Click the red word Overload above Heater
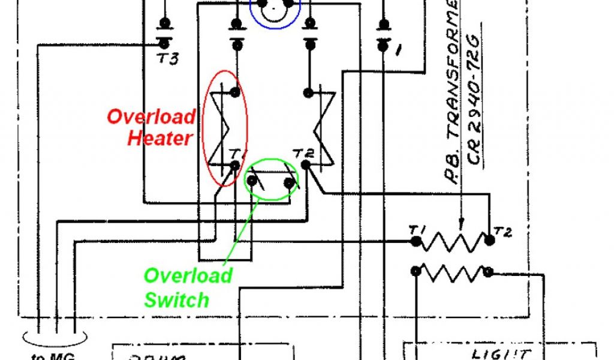tap(151, 116)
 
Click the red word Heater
tap(159, 138)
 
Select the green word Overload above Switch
tap(188, 275)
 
